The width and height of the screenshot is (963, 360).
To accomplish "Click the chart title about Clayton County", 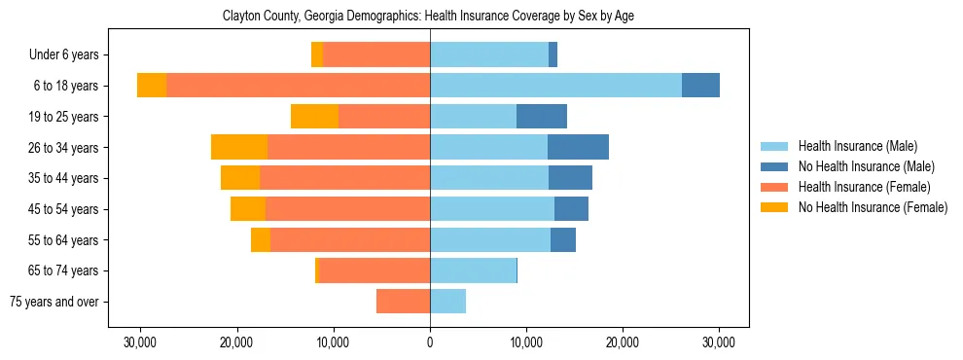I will pyautogui.click(x=429, y=17).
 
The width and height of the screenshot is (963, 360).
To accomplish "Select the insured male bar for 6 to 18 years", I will pyautogui.click(x=555, y=86).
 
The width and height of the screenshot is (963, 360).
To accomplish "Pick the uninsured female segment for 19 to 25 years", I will pyautogui.click(x=314, y=117).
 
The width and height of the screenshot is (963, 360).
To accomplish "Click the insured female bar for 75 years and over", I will pyautogui.click(x=403, y=302).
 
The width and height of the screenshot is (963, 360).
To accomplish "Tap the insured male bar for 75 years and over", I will pyautogui.click(x=447, y=302).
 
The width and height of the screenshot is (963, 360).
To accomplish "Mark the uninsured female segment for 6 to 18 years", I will pyautogui.click(x=152, y=86).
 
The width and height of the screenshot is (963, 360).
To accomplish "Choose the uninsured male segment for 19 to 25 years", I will pyautogui.click(x=541, y=117).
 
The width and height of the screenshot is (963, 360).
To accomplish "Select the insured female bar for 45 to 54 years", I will pyautogui.click(x=347, y=209).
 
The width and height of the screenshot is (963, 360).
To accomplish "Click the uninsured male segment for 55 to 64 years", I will pyautogui.click(x=562, y=240).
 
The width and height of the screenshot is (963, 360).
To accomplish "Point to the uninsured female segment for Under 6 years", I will pyautogui.click(x=317, y=55).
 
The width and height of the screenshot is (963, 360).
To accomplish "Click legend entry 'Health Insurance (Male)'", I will pyautogui.click(x=857, y=146).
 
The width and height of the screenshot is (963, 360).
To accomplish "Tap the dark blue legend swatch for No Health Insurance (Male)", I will pyautogui.click(x=773, y=166).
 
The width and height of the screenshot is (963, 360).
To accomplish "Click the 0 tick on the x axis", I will pyautogui.click(x=430, y=342).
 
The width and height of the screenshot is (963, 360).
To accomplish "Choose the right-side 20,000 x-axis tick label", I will pyautogui.click(x=623, y=342).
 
